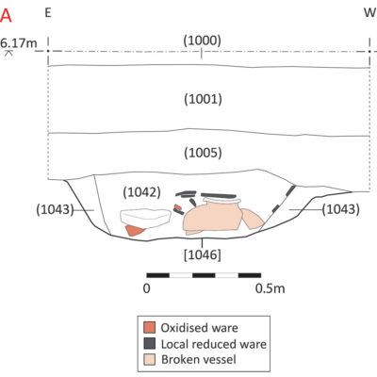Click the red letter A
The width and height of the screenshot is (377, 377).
point(6,16)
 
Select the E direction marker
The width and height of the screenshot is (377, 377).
point(48,13)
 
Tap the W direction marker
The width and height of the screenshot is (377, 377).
point(370,13)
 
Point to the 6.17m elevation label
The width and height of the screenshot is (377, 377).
point(19,42)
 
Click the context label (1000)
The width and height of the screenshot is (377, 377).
point(203,41)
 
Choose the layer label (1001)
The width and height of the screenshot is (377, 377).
point(203,99)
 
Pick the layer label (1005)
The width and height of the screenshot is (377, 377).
point(203,153)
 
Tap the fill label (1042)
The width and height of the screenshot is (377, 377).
point(141,192)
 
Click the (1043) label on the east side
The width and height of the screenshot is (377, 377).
point(55,209)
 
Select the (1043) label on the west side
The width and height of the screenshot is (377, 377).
point(341,209)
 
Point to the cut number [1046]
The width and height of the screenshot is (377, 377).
point(203,254)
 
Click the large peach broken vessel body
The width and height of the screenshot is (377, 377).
point(212,218)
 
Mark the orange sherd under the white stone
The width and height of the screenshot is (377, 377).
point(134,230)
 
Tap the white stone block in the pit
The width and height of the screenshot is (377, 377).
point(145,218)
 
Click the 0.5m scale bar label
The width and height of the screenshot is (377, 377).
point(270,288)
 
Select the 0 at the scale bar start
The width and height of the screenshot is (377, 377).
point(147,288)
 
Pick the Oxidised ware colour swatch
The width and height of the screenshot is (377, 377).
point(149,327)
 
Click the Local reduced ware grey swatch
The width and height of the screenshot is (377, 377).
point(149,343)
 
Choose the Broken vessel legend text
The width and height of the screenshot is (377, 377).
point(199,359)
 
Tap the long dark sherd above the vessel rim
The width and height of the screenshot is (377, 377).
point(219,196)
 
